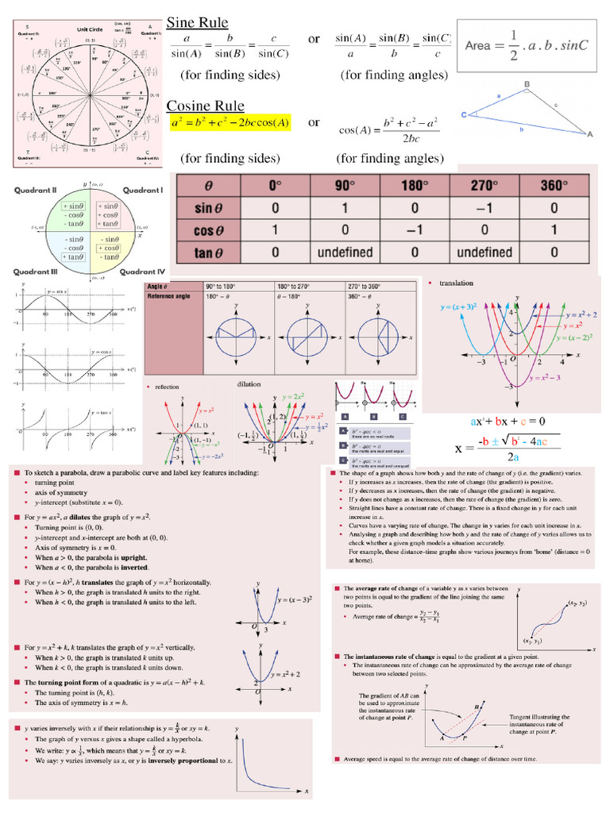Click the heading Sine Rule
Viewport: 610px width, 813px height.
(197, 22)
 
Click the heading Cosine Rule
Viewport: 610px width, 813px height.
(205, 106)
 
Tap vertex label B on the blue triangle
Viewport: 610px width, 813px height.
(526, 83)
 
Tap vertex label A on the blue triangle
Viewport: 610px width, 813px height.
(589, 135)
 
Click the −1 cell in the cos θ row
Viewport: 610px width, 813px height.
(411, 232)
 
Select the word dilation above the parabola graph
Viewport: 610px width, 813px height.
(249, 384)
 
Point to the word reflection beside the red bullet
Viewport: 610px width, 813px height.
(168, 387)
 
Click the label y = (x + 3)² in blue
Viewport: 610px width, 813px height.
(454, 306)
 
